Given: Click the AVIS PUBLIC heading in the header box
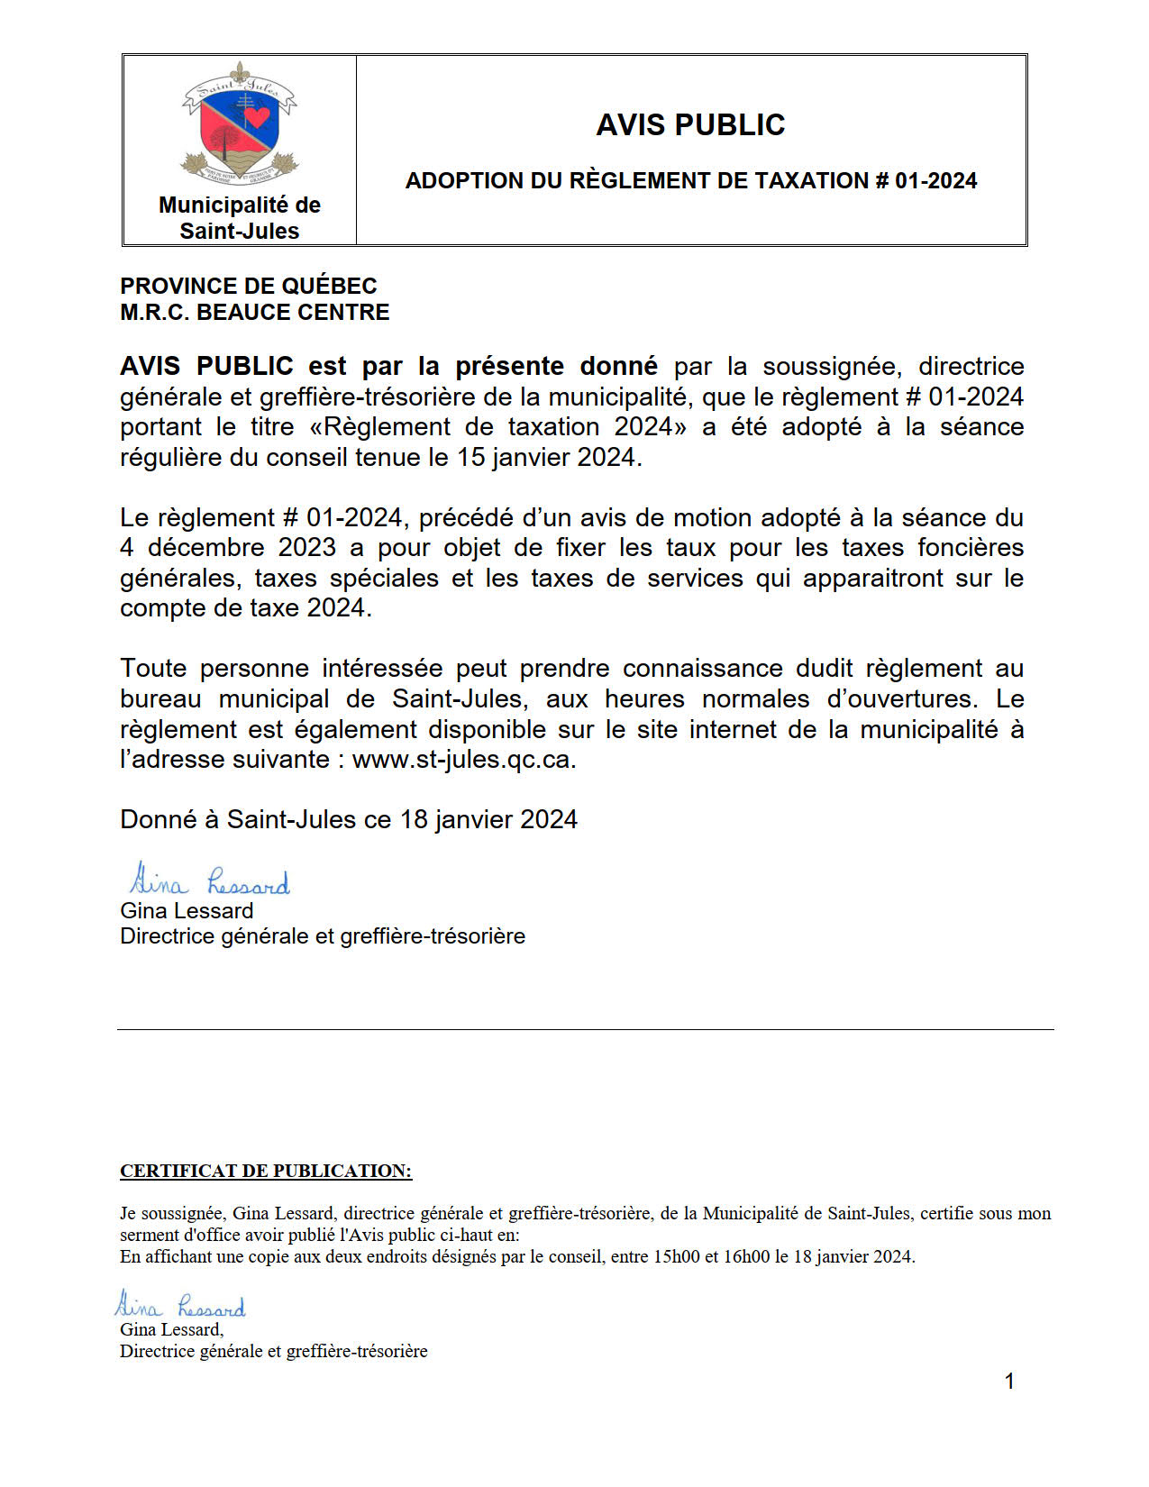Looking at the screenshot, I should click(690, 125).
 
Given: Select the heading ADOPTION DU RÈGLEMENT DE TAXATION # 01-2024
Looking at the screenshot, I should click(690, 181).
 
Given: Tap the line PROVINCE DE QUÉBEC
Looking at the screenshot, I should click(249, 287).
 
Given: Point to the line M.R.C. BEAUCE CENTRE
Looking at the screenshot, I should click(255, 313).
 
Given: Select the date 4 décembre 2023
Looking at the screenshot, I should click(228, 548).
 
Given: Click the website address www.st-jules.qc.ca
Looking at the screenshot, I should click(461, 760).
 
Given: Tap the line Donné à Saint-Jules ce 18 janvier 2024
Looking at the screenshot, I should click(349, 820).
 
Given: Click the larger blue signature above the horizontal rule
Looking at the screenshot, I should click(209, 880).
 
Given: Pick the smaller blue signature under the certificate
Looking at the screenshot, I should click(180, 1305).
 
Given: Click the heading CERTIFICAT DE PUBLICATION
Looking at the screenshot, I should click(266, 1172).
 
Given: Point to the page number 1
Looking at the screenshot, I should click(1009, 1382).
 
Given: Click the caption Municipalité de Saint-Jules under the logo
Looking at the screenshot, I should click(240, 218).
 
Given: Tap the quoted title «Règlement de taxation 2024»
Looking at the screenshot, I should click(498, 427).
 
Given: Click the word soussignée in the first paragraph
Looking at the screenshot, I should click(832, 367).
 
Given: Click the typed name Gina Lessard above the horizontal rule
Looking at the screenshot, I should click(187, 911).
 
